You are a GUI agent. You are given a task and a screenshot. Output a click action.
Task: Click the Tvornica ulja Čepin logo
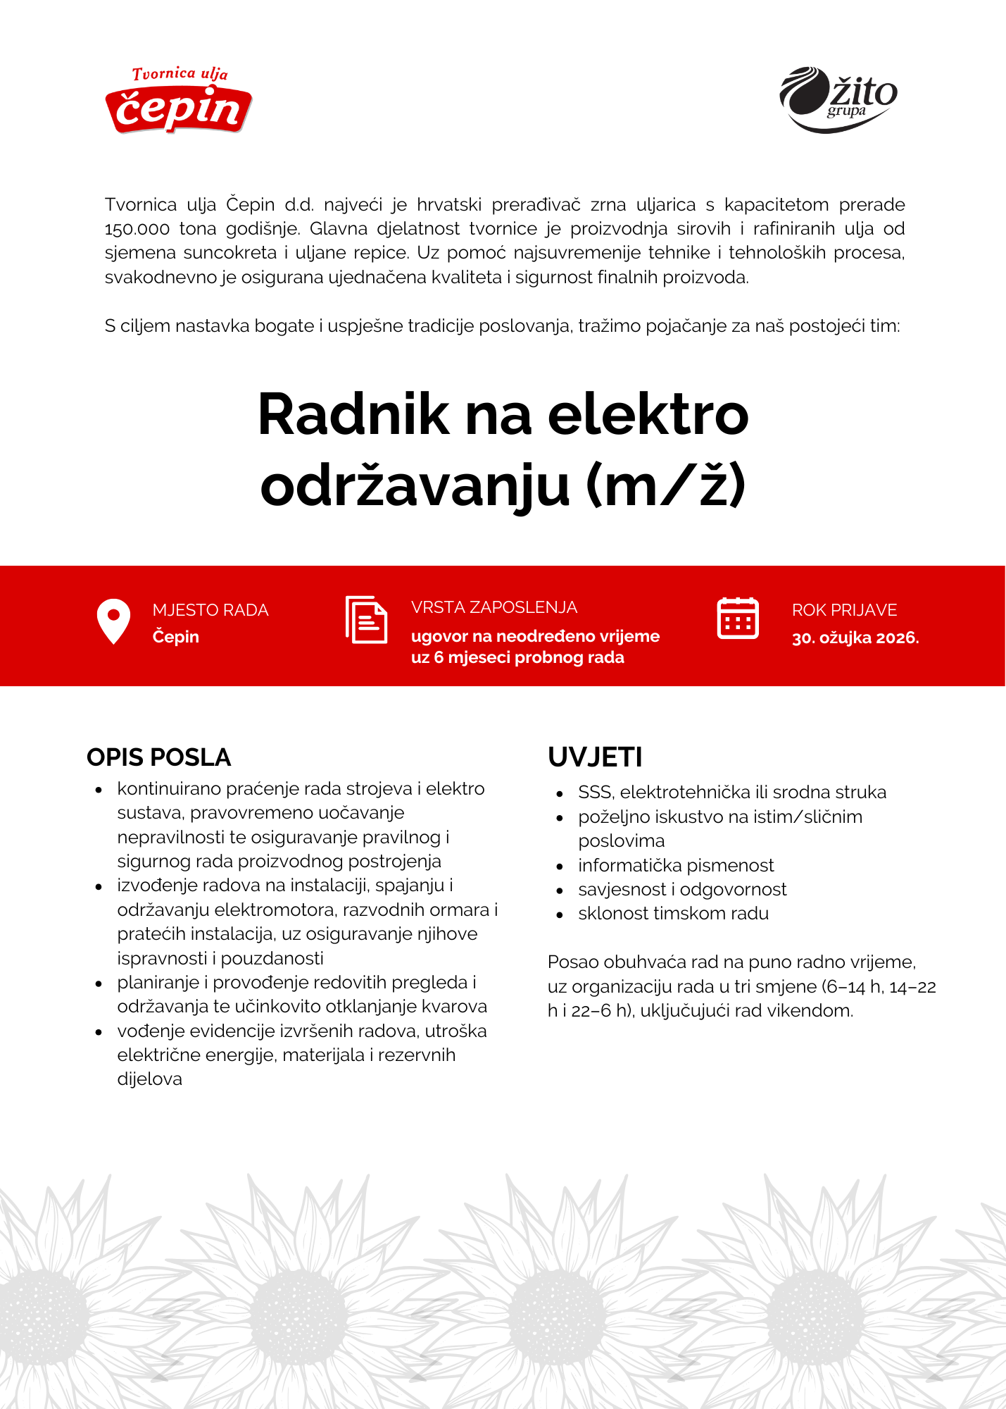(179, 101)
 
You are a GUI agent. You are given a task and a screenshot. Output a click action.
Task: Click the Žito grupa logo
(838, 99)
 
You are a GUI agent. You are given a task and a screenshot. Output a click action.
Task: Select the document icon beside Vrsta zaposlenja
(366, 619)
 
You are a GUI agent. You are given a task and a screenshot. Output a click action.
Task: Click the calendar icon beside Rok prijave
(737, 619)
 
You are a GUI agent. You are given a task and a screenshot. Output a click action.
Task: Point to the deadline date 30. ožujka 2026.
(855, 638)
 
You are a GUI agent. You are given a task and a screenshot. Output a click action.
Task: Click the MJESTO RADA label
(210, 610)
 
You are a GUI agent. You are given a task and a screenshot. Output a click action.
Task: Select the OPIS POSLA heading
(158, 757)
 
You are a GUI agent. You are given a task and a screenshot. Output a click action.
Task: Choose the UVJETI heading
(595, 757)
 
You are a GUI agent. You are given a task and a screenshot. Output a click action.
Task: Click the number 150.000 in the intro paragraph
(137, 229)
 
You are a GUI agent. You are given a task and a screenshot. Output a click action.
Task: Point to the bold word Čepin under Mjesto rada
(175, 637)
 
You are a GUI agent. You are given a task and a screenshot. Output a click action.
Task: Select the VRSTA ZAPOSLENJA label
(493, 607)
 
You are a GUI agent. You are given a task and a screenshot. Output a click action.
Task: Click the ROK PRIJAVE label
(844, 610)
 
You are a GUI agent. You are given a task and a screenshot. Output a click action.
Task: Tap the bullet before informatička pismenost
(560, 867)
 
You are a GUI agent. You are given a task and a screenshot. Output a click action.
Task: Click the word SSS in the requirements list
(596, 793)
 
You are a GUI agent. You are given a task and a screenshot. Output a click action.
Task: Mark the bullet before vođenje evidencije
(99, 1032)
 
